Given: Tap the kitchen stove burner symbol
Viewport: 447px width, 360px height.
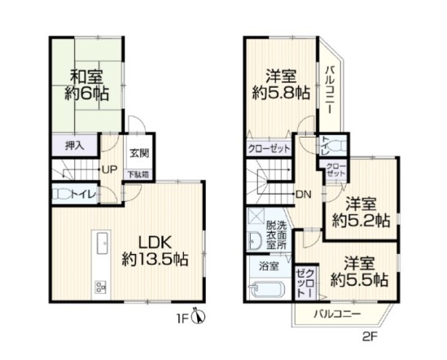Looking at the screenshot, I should pos(102,286).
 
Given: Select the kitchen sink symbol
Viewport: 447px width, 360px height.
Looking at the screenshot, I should pos(103,243).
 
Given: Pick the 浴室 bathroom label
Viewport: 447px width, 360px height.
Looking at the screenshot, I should pos(268,266).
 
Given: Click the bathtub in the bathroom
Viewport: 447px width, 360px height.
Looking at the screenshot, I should pos(266,291).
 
